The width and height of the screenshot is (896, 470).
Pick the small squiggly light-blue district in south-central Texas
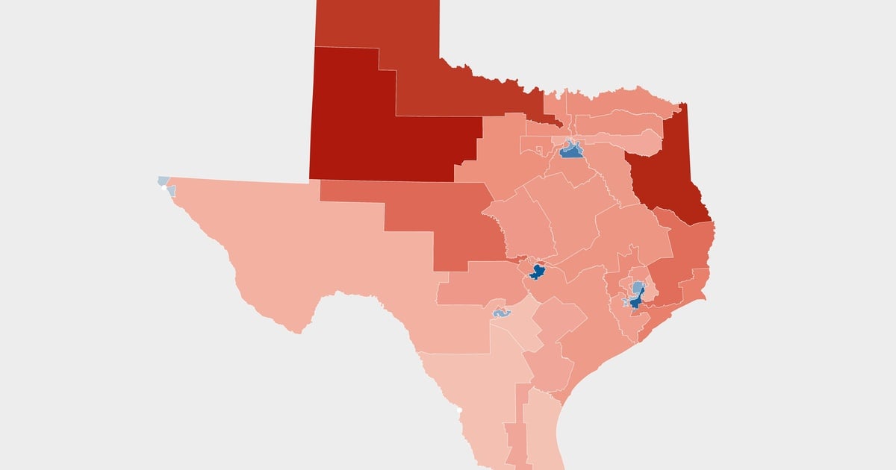(x=500, y=313)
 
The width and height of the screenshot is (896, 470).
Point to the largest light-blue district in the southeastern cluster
(x=638, y=287)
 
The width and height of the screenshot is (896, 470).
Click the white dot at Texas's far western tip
(x=162, y=188)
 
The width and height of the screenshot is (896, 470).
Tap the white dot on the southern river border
(x=458, y=410)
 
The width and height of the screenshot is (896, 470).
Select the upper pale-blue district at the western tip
(x=164, y=181)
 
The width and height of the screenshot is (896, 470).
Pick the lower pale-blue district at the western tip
(x=171, y=192)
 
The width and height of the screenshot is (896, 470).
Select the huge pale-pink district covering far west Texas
(x=314, y=254)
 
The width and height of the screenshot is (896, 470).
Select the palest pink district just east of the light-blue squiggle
(x=526, y=328)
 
